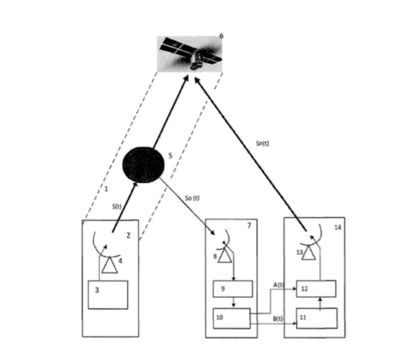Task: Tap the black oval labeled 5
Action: point(144,163)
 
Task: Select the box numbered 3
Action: point(108,294)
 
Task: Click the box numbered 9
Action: point(233,289)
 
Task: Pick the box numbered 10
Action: point(230,317)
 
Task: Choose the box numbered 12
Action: point(317,289)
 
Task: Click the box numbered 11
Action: point(317,319)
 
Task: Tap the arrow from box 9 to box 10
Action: point(232,303)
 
